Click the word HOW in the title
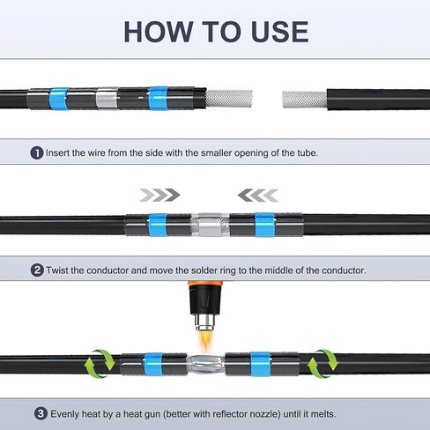pyautogui.click(x=159, y=32)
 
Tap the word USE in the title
pyautogui.click(x=280, y=32)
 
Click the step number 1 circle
pyautogui.click(x=37, y=153)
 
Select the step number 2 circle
pyautogui.click(x=37, y=271)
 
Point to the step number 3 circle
pyautogui.click(x=41, y=414)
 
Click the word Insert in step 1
pyautogui.click(x=57, y=153)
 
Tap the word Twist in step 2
pyautogui.click(x=57, y=271)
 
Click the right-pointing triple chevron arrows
pyautogui.click(x=159, y=195)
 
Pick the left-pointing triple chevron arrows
pyautogui.click(x=258, y=195)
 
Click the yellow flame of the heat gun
pyautogui.click(x=205, y=340)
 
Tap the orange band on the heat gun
pyautogui.click(x=205, y=285)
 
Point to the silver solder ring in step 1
pyautogui.click(x=107, y=98)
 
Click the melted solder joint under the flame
pyautogui.click(x=205, y=365)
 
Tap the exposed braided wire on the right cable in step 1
pyautogui.click(x=305, y=100)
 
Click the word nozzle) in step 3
pyautogui.click(x=265, y=414)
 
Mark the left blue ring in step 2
pyautogui.click(x=158, y=226)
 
